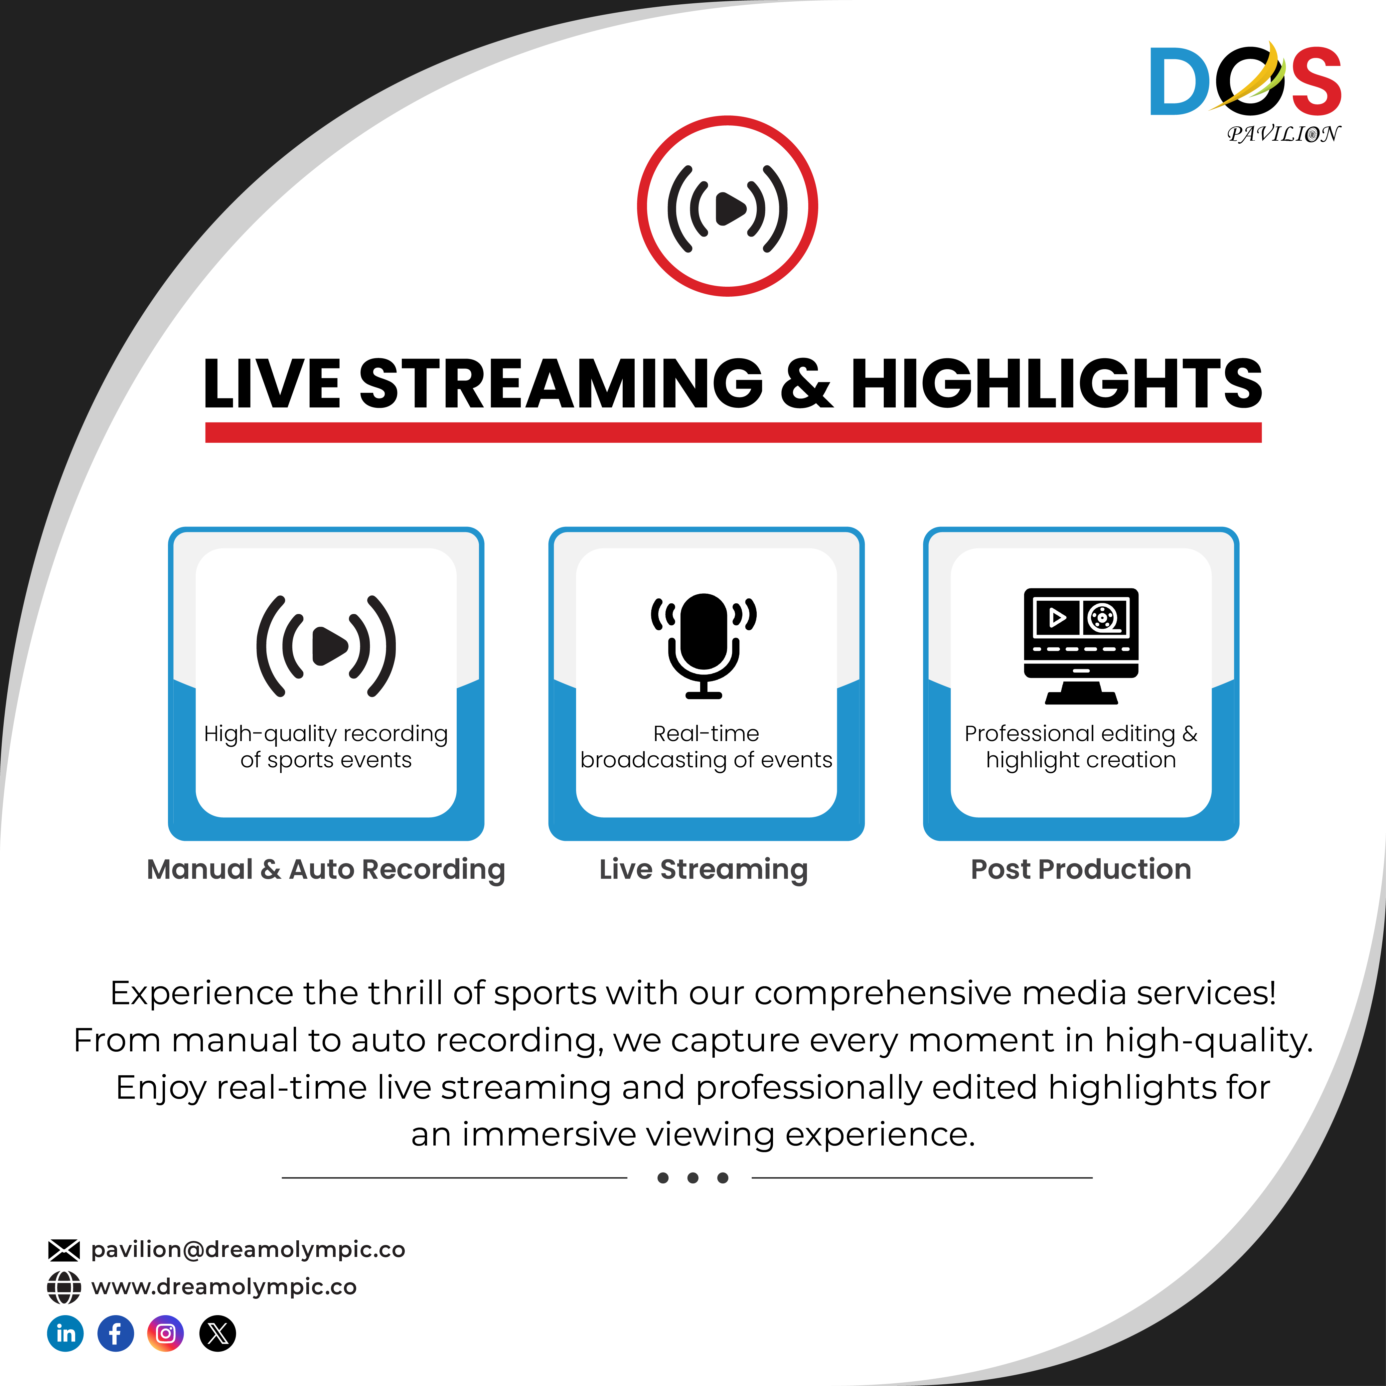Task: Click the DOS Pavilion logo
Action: [1245, 92]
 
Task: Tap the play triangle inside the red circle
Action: [730, 208]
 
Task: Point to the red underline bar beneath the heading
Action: [733, 433]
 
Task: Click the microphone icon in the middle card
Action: [704, 646]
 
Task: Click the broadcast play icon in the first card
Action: [326, 646]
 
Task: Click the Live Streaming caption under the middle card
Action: [704, 869]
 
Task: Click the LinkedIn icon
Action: [65, 1334]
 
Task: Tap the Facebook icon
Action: [115, 1334]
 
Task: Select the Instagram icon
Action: [166, 1334]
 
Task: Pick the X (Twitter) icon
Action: [218, 1334]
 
